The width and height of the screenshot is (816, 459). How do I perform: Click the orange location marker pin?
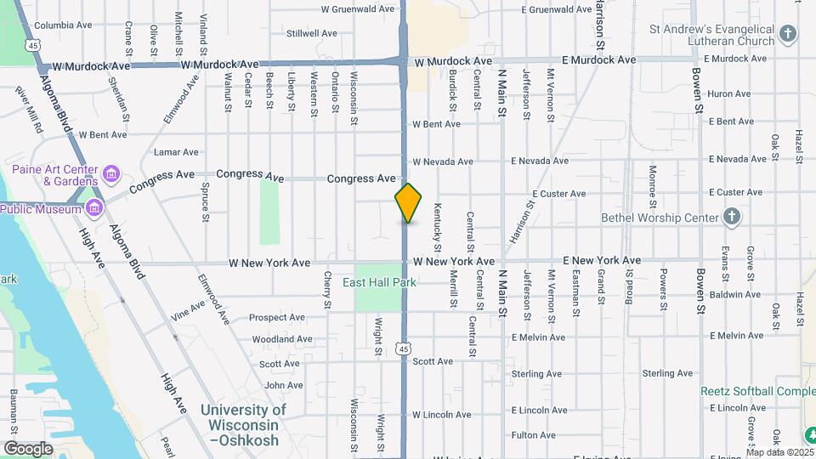pos(408,203)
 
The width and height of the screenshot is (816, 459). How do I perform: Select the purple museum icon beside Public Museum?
pos(94,207)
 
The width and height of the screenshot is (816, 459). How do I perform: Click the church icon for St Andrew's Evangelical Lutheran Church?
pos(788,34)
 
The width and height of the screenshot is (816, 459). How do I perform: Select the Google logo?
pos(27,449)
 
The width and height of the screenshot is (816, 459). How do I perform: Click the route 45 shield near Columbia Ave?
pos(31,44)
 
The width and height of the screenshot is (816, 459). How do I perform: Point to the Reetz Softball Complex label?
pos(756,392)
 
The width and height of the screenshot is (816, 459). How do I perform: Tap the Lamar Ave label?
pos(176,152)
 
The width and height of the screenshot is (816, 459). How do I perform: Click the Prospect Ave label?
pos(276,318)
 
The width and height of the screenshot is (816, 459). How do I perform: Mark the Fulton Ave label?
pos(534,435)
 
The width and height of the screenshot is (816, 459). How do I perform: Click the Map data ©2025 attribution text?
pos(779,452)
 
